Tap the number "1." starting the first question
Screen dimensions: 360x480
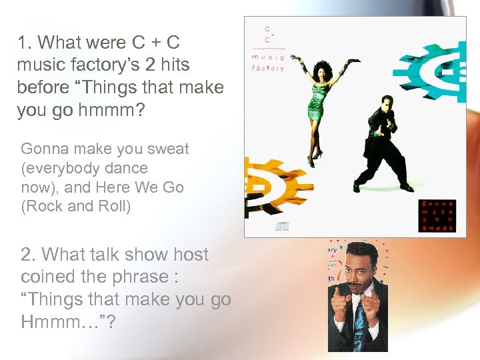tap(25, 43)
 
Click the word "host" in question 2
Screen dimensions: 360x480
tap(191, 255)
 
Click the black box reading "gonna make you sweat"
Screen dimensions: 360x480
tap(437, 215)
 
